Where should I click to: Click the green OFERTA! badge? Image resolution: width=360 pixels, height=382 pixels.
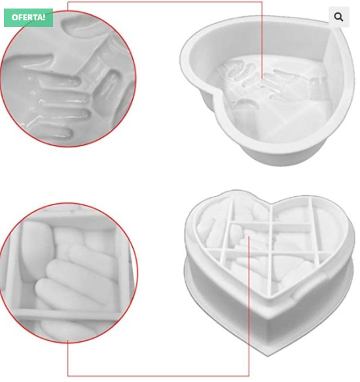click(x=29, y=18)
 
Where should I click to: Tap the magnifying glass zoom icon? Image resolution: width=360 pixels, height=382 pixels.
click(x=339, y=17)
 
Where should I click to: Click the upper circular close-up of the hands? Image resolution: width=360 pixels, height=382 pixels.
click(x=68, y=79)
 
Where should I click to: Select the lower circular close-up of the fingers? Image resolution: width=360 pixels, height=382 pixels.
click(x=68, y=273)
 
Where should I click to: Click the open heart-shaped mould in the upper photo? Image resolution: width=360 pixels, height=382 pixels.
click(x=268, y=90)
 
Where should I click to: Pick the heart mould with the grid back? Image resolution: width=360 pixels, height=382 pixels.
click(x=270, y=273)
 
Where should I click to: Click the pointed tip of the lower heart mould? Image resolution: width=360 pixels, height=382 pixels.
click(x=268, y=356)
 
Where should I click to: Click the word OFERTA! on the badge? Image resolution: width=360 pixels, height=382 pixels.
click(x=29, y=18)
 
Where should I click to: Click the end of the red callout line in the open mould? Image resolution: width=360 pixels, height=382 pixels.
click(x=262, y=79)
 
